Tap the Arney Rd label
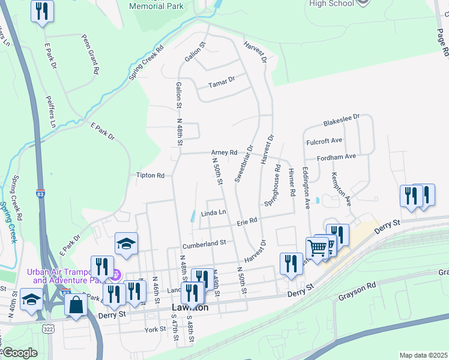click(224, 153)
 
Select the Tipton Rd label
click(150, 176)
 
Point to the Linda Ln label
click(214, 213)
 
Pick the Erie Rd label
click(247, 221)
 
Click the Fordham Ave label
click(338, 157)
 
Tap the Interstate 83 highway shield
click(40, 194)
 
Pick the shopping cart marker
click(317, 247)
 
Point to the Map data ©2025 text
click(423, 355)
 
